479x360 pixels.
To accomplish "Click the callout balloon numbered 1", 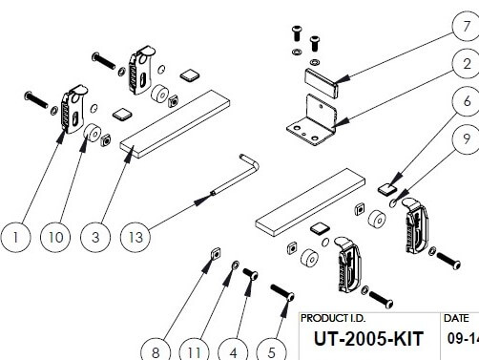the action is point(15,237).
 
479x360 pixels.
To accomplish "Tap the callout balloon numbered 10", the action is point(55,237).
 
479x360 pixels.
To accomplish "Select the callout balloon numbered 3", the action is point(95,237).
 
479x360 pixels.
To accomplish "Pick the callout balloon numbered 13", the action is point(135,237).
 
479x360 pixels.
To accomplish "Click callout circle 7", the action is point(466,26).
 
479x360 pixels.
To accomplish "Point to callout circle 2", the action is point(466,64).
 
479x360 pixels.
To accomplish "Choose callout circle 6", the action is point(466,101).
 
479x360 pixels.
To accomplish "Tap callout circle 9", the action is point(466,138).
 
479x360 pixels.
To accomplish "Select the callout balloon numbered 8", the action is point(156,350).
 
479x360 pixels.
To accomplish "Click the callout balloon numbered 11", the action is point(194,350).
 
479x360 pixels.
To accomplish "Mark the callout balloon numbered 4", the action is point(233,350).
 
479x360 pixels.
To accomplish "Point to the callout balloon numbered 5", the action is point(271,350).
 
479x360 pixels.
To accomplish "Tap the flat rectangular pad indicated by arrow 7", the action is point(322,82).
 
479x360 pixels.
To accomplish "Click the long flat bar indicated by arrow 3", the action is point(175,124).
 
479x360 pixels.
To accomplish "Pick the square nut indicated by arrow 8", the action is point(216,254).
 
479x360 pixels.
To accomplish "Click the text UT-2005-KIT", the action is point(368,339).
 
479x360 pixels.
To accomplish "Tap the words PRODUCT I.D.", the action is point(333,318).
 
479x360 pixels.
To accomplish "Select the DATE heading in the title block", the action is point(456,318).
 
